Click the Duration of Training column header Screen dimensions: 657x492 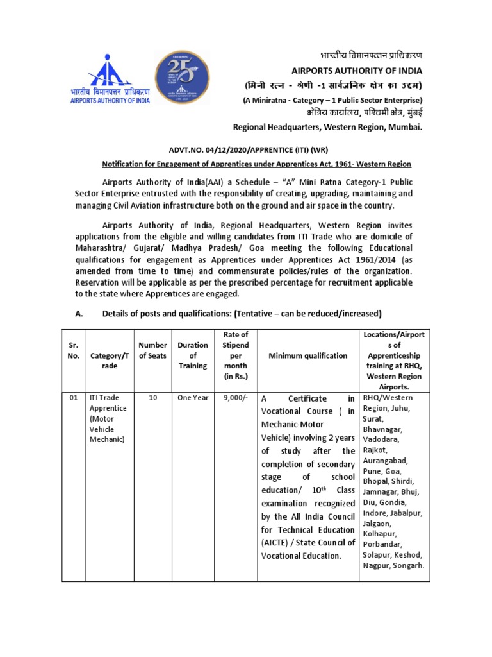(193, 355)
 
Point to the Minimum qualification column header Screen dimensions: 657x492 (307, 355)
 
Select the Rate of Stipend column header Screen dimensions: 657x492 (236, 355)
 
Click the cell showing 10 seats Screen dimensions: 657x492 (152, 398)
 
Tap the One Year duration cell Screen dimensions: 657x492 (193, 398)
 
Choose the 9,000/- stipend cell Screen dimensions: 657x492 (236, 398)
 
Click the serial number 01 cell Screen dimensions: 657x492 (73, 398)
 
